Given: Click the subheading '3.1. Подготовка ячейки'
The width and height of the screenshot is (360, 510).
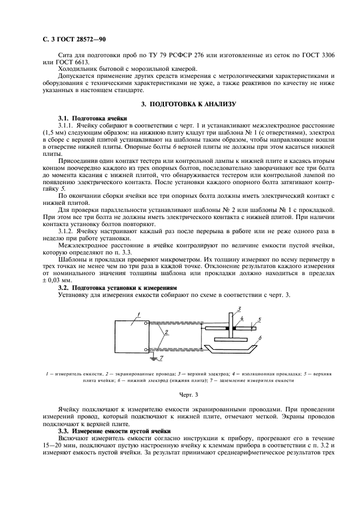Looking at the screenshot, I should pos(92,118).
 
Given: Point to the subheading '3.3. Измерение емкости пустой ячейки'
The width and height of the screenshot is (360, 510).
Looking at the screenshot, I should pos(114,430).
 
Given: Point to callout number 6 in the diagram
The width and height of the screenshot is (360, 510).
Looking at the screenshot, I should pos(260,338).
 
